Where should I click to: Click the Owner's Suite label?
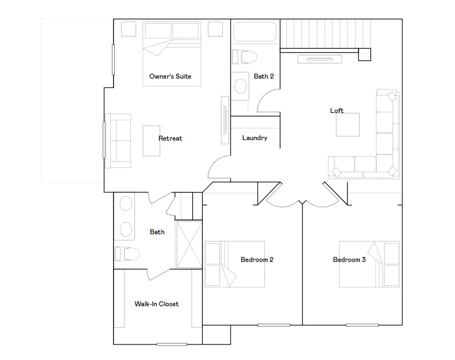[x=170, y=76]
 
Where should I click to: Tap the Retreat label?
[x=170, y=138]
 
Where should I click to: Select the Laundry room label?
[x=255, y=138]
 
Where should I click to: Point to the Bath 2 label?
[x=264, y=76]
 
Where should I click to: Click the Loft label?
[x=337, y=111]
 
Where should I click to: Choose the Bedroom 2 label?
[x=257, y=260]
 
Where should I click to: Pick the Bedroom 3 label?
[x=349, y=260]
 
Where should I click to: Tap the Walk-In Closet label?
[x=157, y=304]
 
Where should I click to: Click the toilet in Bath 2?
[x=244, y=57]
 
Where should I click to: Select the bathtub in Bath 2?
[x=255, y=32]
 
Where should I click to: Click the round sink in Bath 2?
[x=241, y=86]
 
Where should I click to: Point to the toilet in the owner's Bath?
[x=127, y=254]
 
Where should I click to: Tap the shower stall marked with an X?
[x=189, y=245]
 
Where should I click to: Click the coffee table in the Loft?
[x=347, y=125]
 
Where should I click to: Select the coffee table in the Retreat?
[x=151, y=141]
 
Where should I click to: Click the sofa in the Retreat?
[x=118, y=141]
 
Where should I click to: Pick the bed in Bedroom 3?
[x=369, y=264]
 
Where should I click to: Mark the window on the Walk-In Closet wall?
[x=172, y=344]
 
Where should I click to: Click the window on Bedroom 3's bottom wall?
[x=362, y=325]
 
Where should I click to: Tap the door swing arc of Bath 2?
[x=265, y=97]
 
